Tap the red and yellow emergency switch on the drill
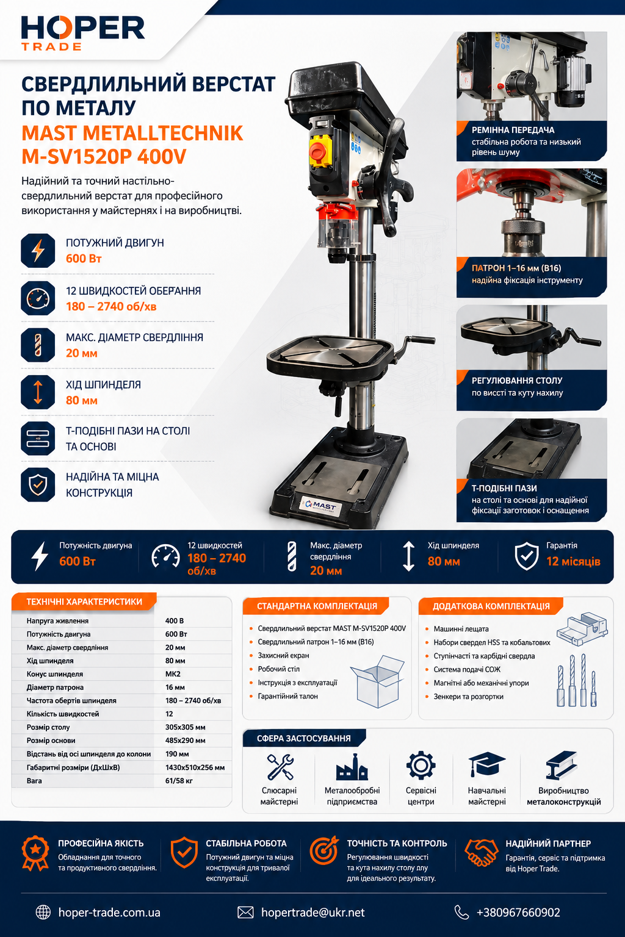tap(320, 151)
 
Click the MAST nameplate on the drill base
tap(321, 506)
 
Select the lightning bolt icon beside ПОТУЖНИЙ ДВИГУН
tap(38, 251)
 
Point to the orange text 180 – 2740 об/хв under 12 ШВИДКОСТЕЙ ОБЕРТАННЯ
tap(111, 307)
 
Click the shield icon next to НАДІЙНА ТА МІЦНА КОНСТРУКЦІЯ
tap(38, 485)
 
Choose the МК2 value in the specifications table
tap(173, 674)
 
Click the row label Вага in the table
tap(34, 781)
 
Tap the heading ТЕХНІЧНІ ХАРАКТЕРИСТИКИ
tap(84, 601)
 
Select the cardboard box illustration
tap(378, 681)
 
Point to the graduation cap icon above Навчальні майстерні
tap(487, 764)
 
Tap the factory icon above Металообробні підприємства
tap(352, 767)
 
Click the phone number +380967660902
tap(518, 913)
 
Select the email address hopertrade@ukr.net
tap(312, 913)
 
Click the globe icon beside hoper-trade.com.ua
tap(43, 913)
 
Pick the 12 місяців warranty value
tap(573, 561)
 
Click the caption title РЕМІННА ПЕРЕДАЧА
tap(513, 130)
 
